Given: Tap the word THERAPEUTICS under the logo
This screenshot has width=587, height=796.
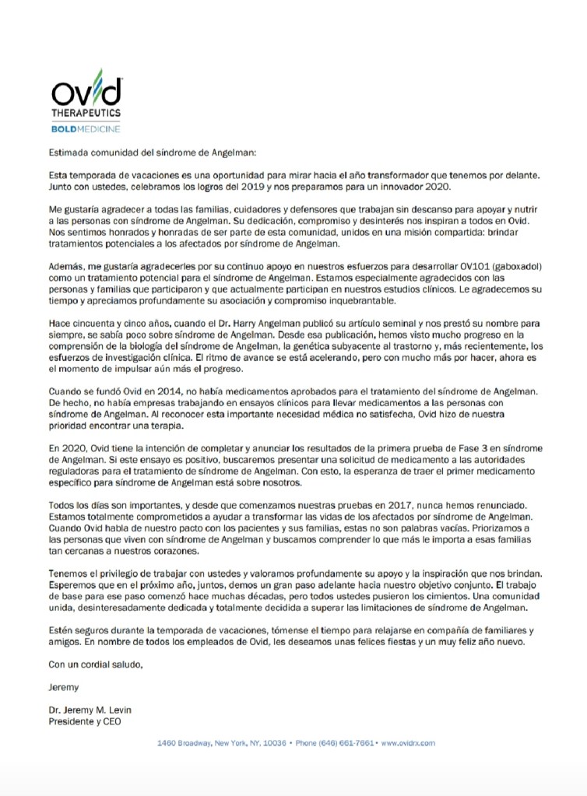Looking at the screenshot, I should pyautogui.click(x=85, y=113).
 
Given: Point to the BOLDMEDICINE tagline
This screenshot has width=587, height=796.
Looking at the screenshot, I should pyautogui.click(x=85, y=128).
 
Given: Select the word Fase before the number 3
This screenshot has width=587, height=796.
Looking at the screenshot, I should pyautogui.click(x=388, y=448).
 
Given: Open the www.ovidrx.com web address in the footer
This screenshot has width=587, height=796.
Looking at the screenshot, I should pyautogui.click(x=408, y=743).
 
